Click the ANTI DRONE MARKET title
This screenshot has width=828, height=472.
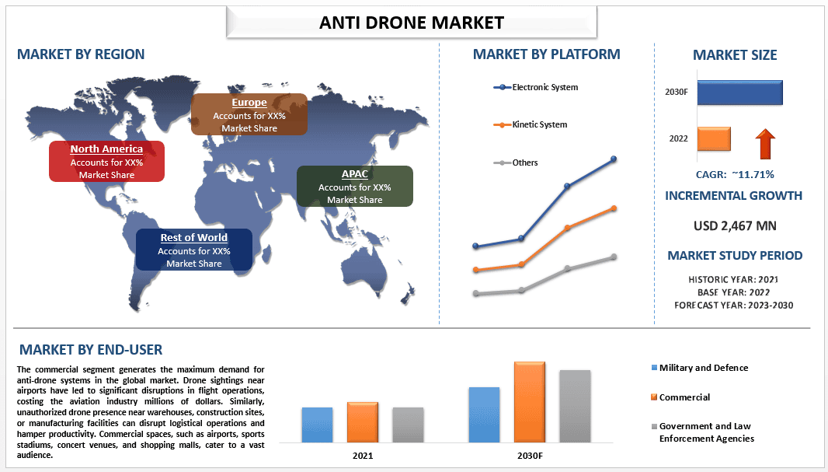(412, 23)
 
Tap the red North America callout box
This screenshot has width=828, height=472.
(106, 162)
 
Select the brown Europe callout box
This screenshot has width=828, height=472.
(249, 114)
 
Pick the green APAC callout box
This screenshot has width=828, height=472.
(354, 187)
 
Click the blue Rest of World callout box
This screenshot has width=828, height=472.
(193, 250)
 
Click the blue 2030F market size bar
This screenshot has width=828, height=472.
(739, 93)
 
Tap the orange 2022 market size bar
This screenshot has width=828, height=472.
(714, 139)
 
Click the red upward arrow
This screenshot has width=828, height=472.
(766, 145)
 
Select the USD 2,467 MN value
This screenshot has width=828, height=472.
(735, 226)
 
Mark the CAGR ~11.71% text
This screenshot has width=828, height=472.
(735, 174)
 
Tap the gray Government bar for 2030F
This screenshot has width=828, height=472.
(575, 405)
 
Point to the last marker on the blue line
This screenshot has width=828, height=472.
(614, 159)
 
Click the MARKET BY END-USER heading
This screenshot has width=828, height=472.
(91, 350)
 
